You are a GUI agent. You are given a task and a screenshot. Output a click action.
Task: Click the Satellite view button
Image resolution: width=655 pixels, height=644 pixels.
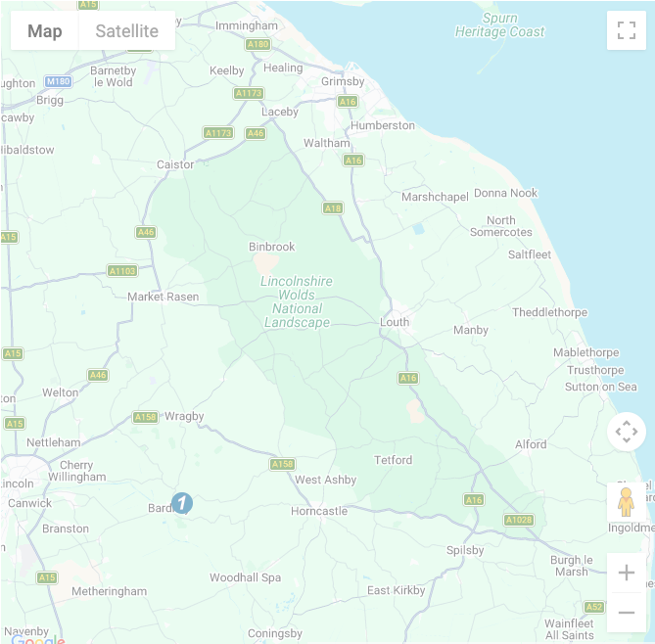[x=126, y=31]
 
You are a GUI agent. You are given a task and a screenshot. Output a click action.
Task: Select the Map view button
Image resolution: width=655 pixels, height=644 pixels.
[x=45, y=31]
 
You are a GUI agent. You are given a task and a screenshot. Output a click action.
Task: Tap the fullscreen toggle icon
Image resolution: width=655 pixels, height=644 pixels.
[x=627, y=30]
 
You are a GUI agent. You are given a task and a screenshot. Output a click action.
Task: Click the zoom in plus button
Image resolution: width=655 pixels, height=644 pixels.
[x=627, y=573]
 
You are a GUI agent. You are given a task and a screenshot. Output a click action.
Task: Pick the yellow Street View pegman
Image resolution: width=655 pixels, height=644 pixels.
[x=627, y=501]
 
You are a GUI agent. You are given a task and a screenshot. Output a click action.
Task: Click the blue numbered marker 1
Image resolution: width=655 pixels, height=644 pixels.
[x=182, y=503]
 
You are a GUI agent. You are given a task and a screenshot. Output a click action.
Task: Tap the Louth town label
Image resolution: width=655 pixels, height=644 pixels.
[x=395, y=322]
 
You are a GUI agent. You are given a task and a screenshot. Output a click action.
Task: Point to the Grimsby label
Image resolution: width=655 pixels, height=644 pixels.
[x=343, y=82]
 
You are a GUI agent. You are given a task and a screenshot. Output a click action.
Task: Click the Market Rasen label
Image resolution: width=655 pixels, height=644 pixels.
[x=163, y=297]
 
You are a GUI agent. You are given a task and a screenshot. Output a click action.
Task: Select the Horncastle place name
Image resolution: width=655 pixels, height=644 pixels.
[x=319, y=511]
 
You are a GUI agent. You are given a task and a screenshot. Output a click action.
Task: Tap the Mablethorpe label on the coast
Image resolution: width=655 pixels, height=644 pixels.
[x=585, y=352]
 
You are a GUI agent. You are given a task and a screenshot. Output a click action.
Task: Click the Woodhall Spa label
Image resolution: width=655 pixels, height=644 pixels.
[x=245, y=577]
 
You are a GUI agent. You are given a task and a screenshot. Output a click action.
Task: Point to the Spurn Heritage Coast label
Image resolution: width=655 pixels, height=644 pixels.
[x=499, y=25]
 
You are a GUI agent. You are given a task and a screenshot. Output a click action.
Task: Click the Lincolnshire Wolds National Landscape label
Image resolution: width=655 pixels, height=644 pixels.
[x=297, y=301]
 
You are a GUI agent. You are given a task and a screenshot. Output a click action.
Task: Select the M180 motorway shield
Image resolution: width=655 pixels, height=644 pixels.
[x=59, y=81]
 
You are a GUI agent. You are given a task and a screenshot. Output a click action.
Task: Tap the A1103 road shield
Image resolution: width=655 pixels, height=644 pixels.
[x=122, y=271]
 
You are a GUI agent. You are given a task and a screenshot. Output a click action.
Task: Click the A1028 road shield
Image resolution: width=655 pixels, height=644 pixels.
[x=519, y=520]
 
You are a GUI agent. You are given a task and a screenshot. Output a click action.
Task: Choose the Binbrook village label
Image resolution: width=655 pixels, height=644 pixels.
[x=271, y=247]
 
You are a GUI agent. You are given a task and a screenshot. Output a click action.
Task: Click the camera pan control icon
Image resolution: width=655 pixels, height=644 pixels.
[x=627, y=432]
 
